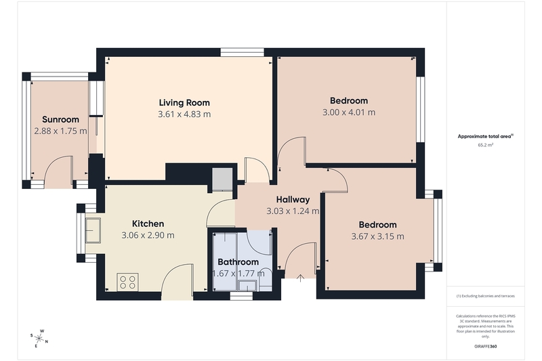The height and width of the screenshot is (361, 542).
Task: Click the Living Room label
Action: (x=184, y=102)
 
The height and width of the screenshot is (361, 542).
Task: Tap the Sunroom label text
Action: (x=60, y=119)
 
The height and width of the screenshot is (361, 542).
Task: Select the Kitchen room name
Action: (x=148, y=224)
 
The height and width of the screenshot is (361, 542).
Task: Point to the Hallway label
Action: (x=293, y=199)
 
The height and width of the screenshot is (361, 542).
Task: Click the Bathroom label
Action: (x=238, y=262)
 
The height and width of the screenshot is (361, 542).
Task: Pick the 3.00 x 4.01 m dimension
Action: (x=349, y=112)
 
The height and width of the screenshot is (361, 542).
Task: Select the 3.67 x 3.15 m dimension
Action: (x=377, y=236)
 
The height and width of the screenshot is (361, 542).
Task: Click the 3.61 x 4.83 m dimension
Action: (x=184, y=114)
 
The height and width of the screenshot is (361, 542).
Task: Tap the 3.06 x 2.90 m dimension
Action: (x=148, y=235)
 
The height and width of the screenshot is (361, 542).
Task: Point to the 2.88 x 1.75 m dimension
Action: (x=60, y=131)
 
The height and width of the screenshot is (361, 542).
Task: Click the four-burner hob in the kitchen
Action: (x=127, y=282)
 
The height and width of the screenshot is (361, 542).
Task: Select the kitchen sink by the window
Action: (x=93, y=230)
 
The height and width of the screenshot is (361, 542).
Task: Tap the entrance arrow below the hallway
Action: (x=300, y=278)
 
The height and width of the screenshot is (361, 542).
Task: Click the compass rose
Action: (x=39, y=338)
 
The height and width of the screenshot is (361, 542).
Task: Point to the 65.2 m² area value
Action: (x=485, y=145)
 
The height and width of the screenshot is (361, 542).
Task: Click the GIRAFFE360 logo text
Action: (x=485, y=347)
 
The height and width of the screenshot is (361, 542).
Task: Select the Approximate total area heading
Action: (x=485, y=136)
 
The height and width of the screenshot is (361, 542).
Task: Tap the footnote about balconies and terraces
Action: (x=485, y=296)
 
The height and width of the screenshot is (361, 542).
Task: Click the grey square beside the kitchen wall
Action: (x=222, y=179)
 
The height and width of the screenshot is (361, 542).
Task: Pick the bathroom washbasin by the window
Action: (x=247, y=286)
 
